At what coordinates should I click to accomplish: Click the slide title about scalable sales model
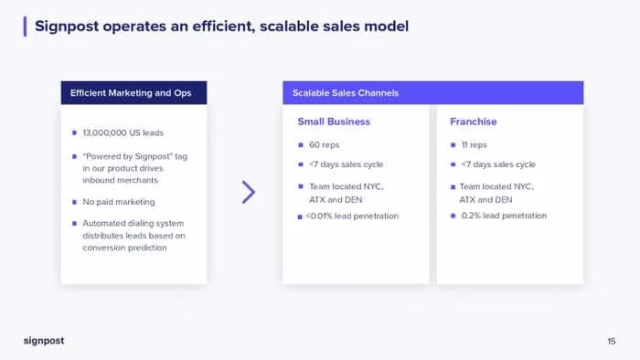tap(221, 26)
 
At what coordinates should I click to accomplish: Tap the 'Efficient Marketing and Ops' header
tap(131, 93)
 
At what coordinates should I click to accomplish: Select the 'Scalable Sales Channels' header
tap(346, 93)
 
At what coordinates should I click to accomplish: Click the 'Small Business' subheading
tap(334, 122)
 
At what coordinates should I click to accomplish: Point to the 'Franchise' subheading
tap(473, 122)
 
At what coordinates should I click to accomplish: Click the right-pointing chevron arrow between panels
tap(248, 192)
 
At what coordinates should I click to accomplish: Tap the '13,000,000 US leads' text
tap(123, 132)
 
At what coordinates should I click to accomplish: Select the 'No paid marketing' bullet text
tap(119, 202)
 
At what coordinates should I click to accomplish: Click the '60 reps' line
tap(324, 144)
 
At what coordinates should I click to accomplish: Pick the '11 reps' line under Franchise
tap(474, 144)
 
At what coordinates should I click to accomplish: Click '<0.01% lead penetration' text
tap(352, 216)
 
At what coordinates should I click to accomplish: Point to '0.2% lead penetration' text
tap(504, 216)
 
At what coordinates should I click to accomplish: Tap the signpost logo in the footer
tap(44, 341)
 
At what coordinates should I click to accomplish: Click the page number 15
tap(611, 341)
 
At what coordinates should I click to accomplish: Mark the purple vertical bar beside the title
tap(25, 26)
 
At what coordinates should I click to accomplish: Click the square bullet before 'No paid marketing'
tap(74, 202)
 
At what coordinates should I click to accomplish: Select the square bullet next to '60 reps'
tap(301, 144)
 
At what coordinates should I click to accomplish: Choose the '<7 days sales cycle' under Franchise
tap(498, 164)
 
